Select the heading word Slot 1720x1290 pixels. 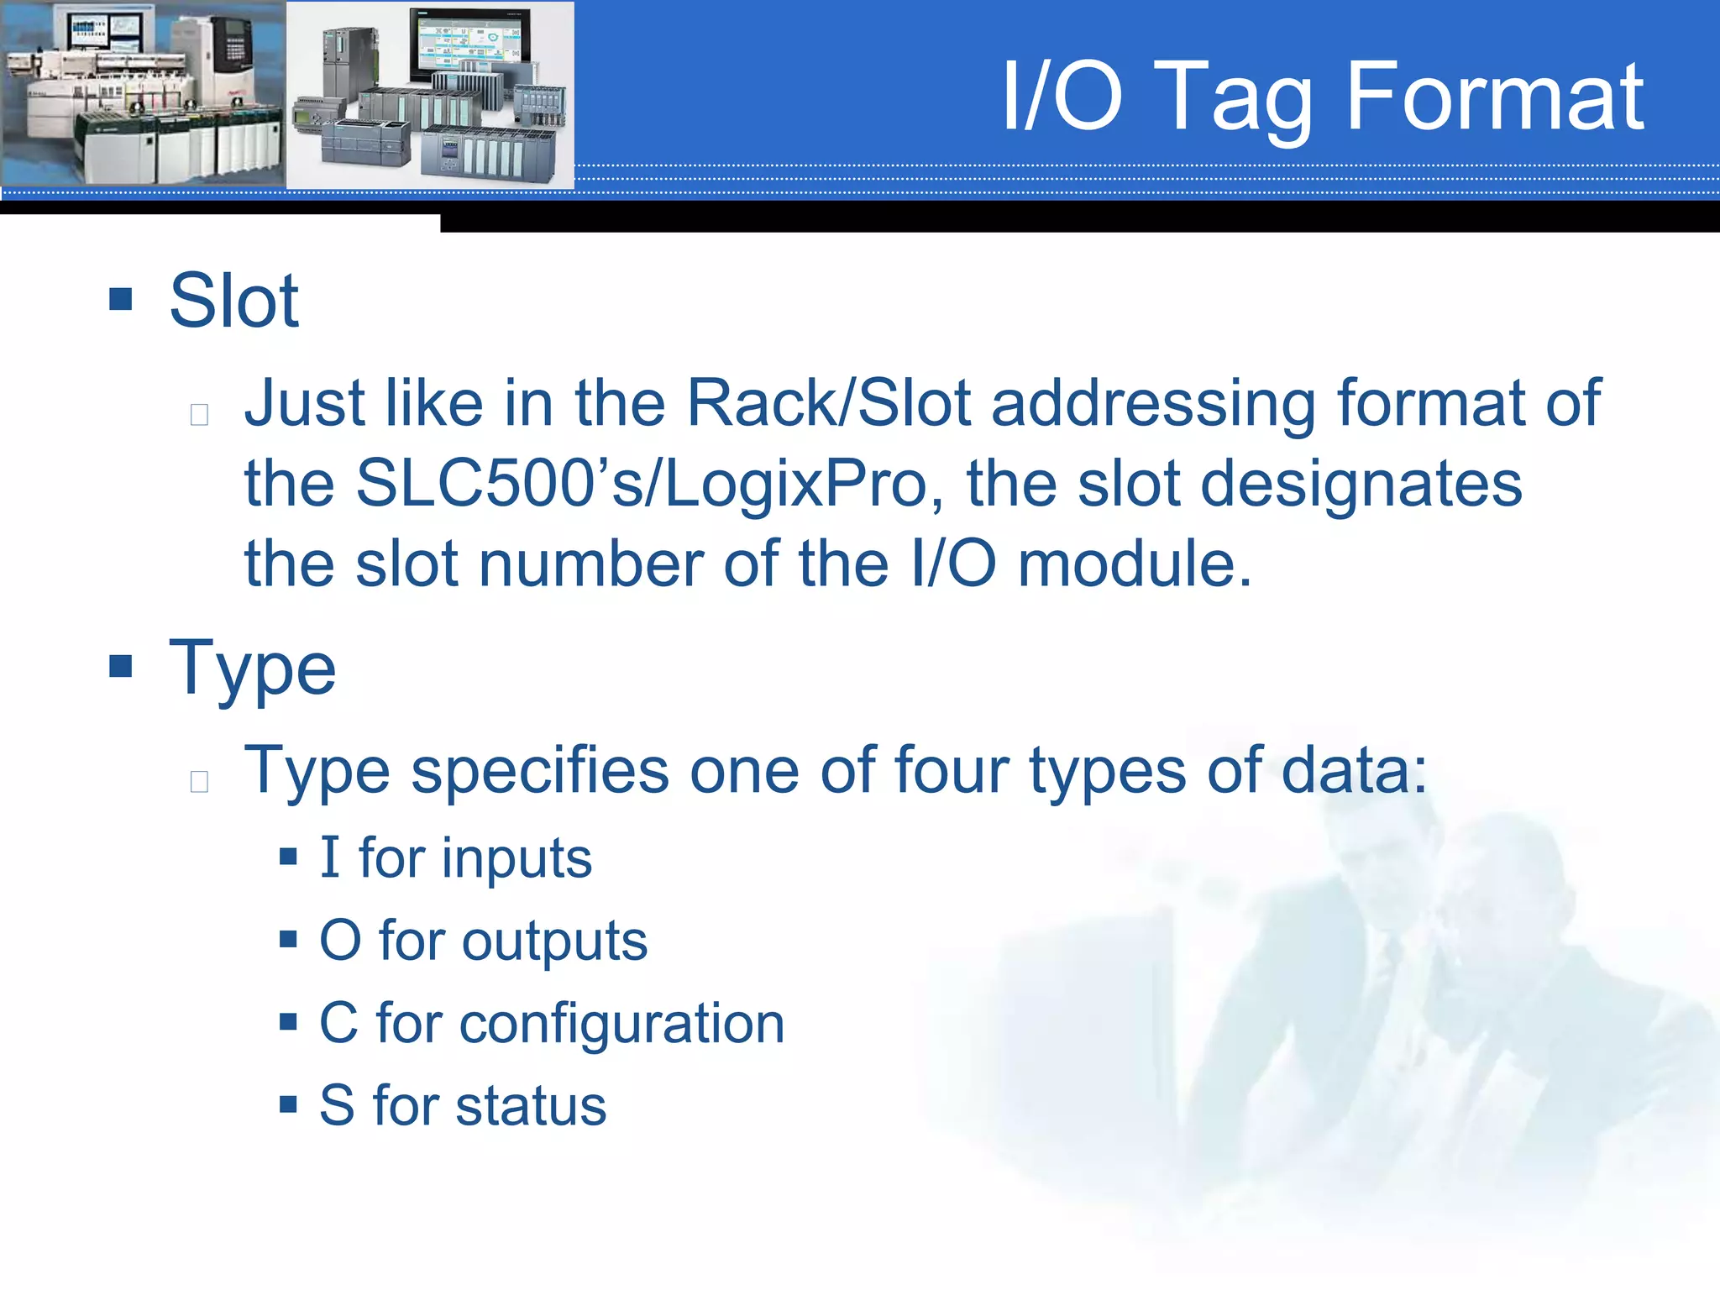[233, 301]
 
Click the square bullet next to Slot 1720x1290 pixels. [121, 299]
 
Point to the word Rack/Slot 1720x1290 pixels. [828, 403]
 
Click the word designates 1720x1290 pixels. [1361, 485]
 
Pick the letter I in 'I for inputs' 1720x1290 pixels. [329, 857]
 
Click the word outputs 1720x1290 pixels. [554, 941]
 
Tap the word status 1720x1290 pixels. [531, 1106]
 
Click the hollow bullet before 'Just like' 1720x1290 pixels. [199, 414]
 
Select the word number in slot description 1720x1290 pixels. [590, 564]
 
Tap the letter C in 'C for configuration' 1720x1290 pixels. [338, 1024]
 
